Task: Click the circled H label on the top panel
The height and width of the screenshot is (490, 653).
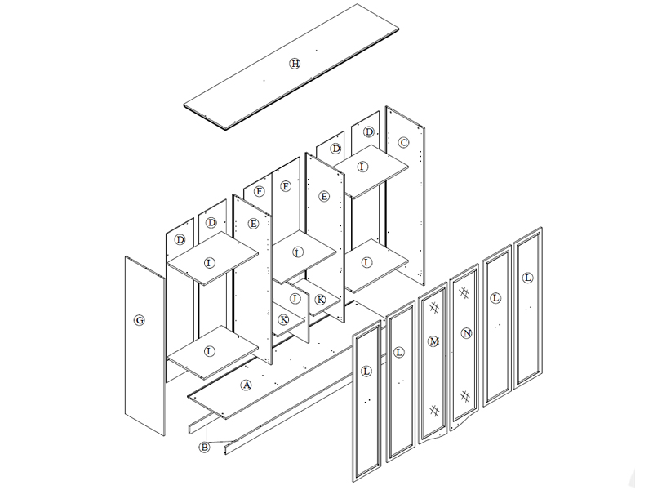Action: [295, 64]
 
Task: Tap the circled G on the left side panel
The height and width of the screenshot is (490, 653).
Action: [140, 320]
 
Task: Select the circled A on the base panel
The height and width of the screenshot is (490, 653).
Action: [247, 385]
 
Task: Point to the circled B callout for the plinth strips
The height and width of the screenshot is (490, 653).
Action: [204, 448]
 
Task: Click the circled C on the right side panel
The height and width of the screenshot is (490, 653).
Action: [403, 142]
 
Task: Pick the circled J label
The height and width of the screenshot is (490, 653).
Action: [295, 298]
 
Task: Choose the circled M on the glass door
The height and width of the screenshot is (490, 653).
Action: [433, 341]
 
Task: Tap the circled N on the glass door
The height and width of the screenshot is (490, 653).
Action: [466, 333]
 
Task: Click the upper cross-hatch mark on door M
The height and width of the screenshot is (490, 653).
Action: [433, 308]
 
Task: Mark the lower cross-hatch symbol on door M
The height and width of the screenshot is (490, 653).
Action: [434, 411]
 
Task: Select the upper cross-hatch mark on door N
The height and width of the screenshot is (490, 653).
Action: [464, 293]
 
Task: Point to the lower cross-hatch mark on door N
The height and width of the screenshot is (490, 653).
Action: [464, 396]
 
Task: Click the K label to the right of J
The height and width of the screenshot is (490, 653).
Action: [320, 300]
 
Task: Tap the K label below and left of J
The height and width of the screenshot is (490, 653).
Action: [283, 319]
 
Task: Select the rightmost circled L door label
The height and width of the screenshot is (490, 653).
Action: [527, 278]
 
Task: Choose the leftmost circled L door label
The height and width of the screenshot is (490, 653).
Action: [366, 372]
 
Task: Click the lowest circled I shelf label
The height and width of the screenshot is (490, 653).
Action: [209, 351]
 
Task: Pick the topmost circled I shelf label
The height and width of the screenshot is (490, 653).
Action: [362, 167]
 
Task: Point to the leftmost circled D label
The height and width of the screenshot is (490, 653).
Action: [180, 239]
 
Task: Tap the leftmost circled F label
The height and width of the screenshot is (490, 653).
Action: [259, 191]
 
